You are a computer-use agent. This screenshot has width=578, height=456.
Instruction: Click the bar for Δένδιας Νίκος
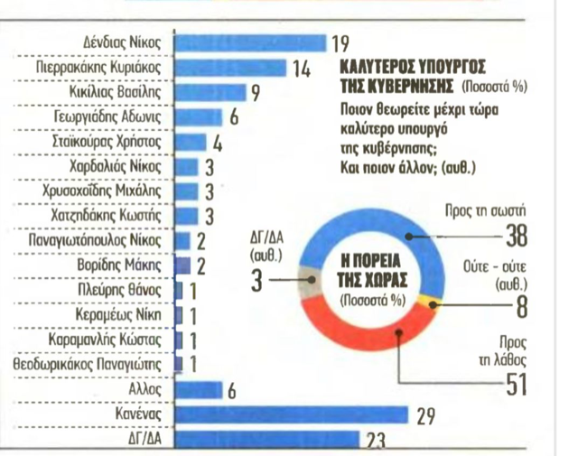(x=248, y=42)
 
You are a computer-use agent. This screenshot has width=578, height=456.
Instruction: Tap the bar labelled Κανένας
(x=289, y=415)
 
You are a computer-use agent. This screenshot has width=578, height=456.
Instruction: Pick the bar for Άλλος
(x=197, y=390)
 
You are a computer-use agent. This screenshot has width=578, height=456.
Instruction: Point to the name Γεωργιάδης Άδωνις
(x=119, y=117)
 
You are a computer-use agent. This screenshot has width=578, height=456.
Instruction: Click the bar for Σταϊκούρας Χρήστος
(x=189, y=142)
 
